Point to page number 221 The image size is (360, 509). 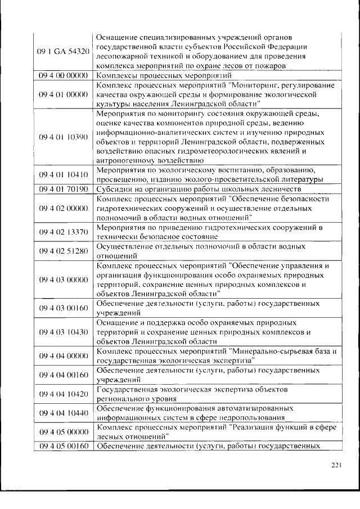[336, 465]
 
